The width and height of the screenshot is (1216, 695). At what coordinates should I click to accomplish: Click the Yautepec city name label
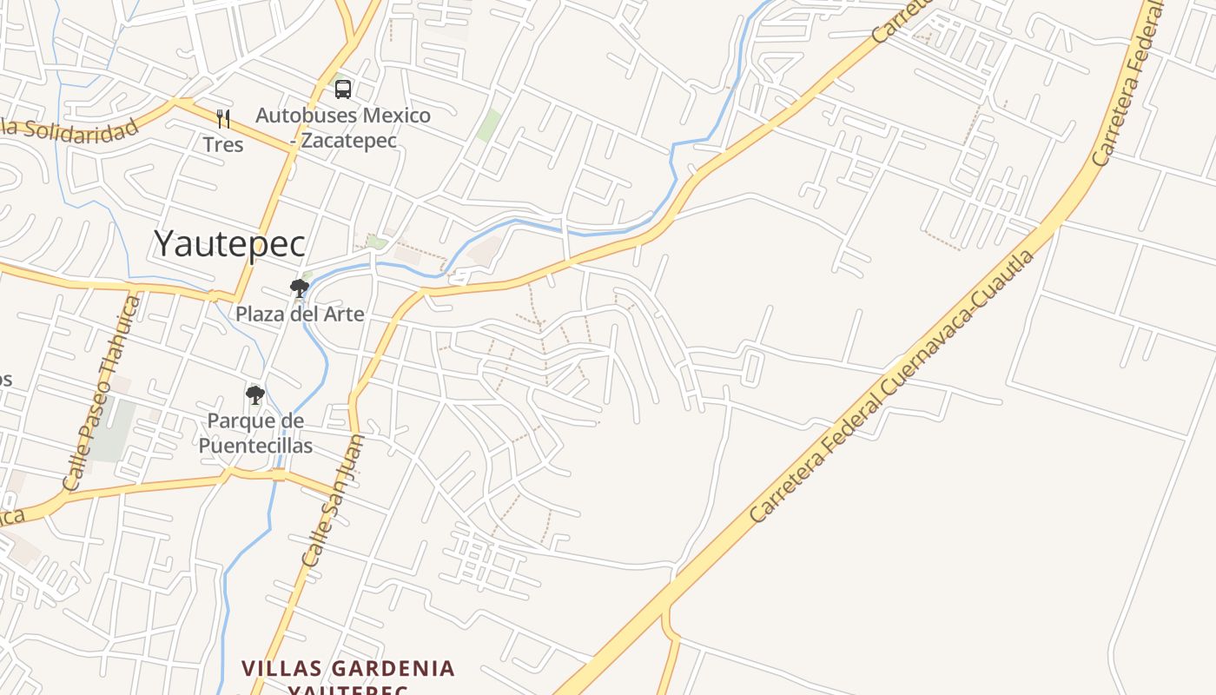229,244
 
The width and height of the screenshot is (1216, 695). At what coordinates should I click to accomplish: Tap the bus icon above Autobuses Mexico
343,89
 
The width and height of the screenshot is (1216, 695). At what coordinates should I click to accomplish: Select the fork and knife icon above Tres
223,117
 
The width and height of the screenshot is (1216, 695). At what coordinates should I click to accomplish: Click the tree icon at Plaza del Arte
300,288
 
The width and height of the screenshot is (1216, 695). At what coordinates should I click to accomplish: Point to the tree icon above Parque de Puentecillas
254,395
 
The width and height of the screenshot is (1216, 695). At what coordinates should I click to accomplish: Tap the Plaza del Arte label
300,314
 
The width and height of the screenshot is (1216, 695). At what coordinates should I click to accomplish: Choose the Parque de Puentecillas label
255,434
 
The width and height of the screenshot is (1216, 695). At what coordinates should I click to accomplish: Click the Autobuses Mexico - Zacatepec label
342,127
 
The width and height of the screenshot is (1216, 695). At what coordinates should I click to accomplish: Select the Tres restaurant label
223,143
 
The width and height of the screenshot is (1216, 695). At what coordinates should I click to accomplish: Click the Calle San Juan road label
334,501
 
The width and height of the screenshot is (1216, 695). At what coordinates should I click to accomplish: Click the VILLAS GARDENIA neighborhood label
347,669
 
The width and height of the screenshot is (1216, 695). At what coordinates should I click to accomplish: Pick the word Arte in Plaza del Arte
343,314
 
